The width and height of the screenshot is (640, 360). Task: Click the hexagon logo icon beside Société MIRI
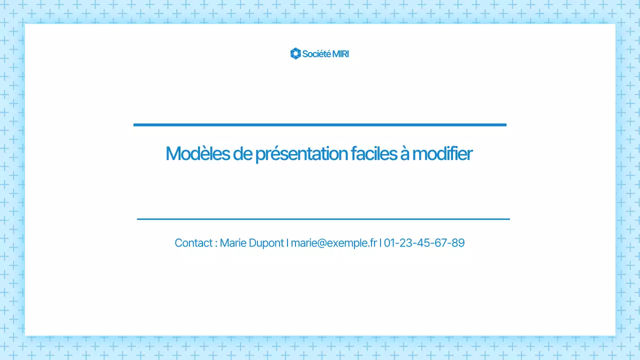click(295, 53)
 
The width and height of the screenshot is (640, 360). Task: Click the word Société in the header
click(316, 53)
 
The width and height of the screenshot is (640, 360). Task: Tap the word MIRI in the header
click(340, 53)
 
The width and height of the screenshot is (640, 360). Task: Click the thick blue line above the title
click(320, 124)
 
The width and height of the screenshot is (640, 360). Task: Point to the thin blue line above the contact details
click(323, 219)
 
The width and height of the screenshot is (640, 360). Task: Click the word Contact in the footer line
click(193, 243)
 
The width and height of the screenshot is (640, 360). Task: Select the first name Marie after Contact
click(232, 243)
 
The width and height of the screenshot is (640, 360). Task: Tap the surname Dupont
click(265, 243)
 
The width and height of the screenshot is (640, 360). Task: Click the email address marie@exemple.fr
click(333, 243)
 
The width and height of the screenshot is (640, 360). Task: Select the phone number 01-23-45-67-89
click(424, 243)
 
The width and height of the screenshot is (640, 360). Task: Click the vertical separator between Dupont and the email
click(287, 243)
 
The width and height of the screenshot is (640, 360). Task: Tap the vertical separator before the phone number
click(380, 243)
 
